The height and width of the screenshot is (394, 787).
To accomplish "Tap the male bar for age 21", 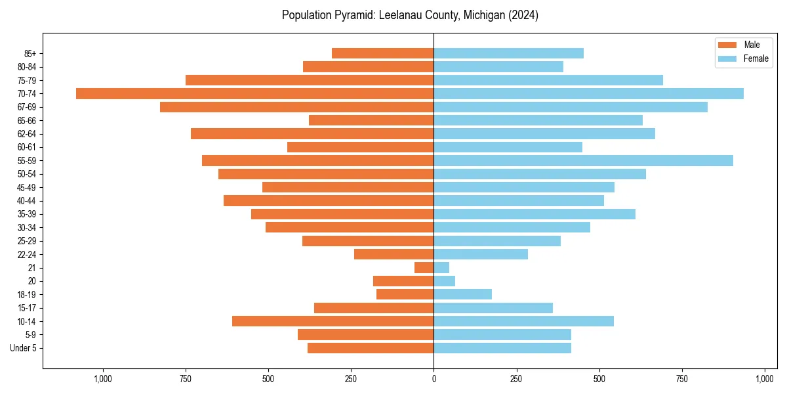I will [424, 267].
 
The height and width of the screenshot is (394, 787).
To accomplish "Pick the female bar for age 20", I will [444, 281].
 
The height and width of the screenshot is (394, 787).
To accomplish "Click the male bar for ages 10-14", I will [333, 321].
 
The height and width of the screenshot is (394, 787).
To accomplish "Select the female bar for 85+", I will [508, 53].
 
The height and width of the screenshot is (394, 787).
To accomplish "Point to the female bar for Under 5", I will [502, 348].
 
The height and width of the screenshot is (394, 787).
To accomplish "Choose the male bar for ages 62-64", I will [312, 133].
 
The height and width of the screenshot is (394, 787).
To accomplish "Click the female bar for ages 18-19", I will [462, 294].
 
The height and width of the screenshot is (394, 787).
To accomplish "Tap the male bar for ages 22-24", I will [393, 254].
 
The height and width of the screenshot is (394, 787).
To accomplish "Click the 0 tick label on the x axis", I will [434, 379].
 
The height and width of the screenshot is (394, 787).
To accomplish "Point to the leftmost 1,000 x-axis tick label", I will [102, 379].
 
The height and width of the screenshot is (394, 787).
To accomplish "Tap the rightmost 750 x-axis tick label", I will [682, 379].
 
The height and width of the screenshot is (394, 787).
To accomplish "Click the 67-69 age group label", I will [26, 107].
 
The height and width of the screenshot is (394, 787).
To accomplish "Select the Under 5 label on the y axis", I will [23, 348].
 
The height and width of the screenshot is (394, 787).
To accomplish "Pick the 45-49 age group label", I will [26, 187].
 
